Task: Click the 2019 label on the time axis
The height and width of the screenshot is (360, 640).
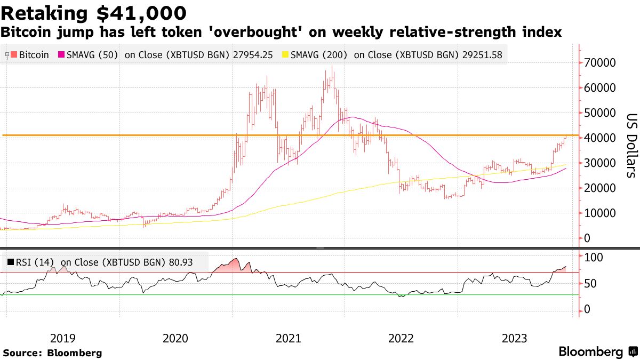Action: tap(62, 338)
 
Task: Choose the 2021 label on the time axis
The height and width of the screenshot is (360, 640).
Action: tap(289, 338)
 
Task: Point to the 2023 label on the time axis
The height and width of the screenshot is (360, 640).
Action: tap(515, 338)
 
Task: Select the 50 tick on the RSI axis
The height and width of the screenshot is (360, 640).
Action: tap(590, 284)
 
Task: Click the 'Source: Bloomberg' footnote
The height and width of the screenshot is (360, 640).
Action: tap(52, 353)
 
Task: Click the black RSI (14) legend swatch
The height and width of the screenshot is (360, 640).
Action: tap(11, 262)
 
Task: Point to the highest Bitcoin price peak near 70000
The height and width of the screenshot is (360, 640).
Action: tap(332, 67)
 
